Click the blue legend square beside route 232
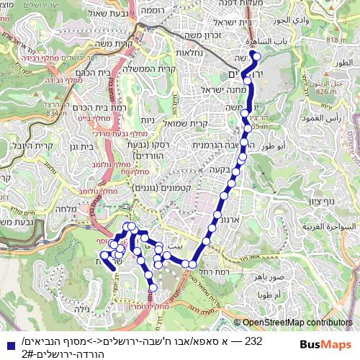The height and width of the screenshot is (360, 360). click(6, 343)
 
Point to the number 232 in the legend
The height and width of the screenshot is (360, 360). click(253, 341)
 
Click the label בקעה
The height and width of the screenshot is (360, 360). click(229, 170)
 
